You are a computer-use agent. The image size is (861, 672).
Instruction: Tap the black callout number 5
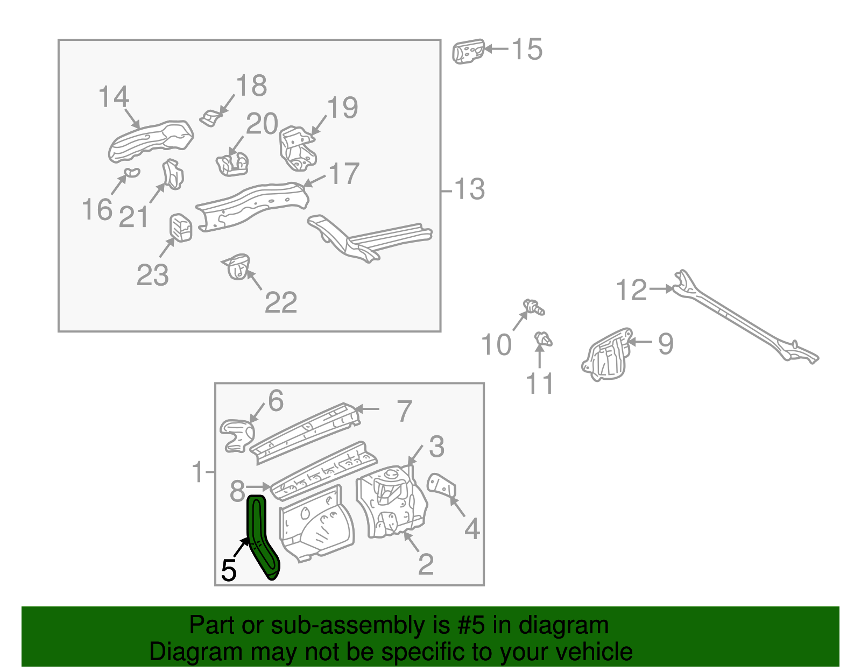pyautogui.click(x=228, y=571)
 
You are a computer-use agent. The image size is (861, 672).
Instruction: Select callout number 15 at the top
pyautogui.click(x=527, y=49)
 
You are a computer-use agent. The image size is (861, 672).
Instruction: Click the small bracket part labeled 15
pyautogui.click(x=468, y=52)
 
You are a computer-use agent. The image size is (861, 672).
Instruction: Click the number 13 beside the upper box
pyautogui.click(x=469, y=189)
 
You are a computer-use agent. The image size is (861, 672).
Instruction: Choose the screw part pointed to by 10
pyautogui.click(x=534, y=307)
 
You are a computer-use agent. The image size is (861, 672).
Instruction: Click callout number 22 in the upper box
pyautogui.click(x=281, y=303)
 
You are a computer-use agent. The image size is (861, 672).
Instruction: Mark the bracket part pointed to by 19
pyautogui.click(x=296, y=148)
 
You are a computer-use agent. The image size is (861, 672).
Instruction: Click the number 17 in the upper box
pyautogui.click(x=344, y=174)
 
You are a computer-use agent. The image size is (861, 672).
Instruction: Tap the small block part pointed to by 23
pyautogui.click(x=181, y=228)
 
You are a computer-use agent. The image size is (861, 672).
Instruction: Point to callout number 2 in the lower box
pyautogui.click(x=426, y=564)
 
